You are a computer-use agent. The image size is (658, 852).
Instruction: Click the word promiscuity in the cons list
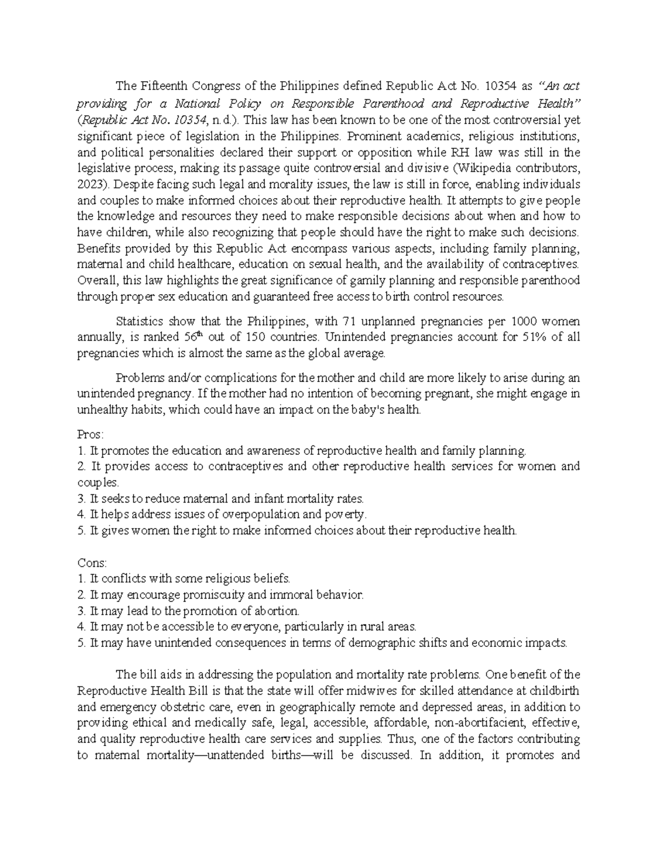[211, 595]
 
